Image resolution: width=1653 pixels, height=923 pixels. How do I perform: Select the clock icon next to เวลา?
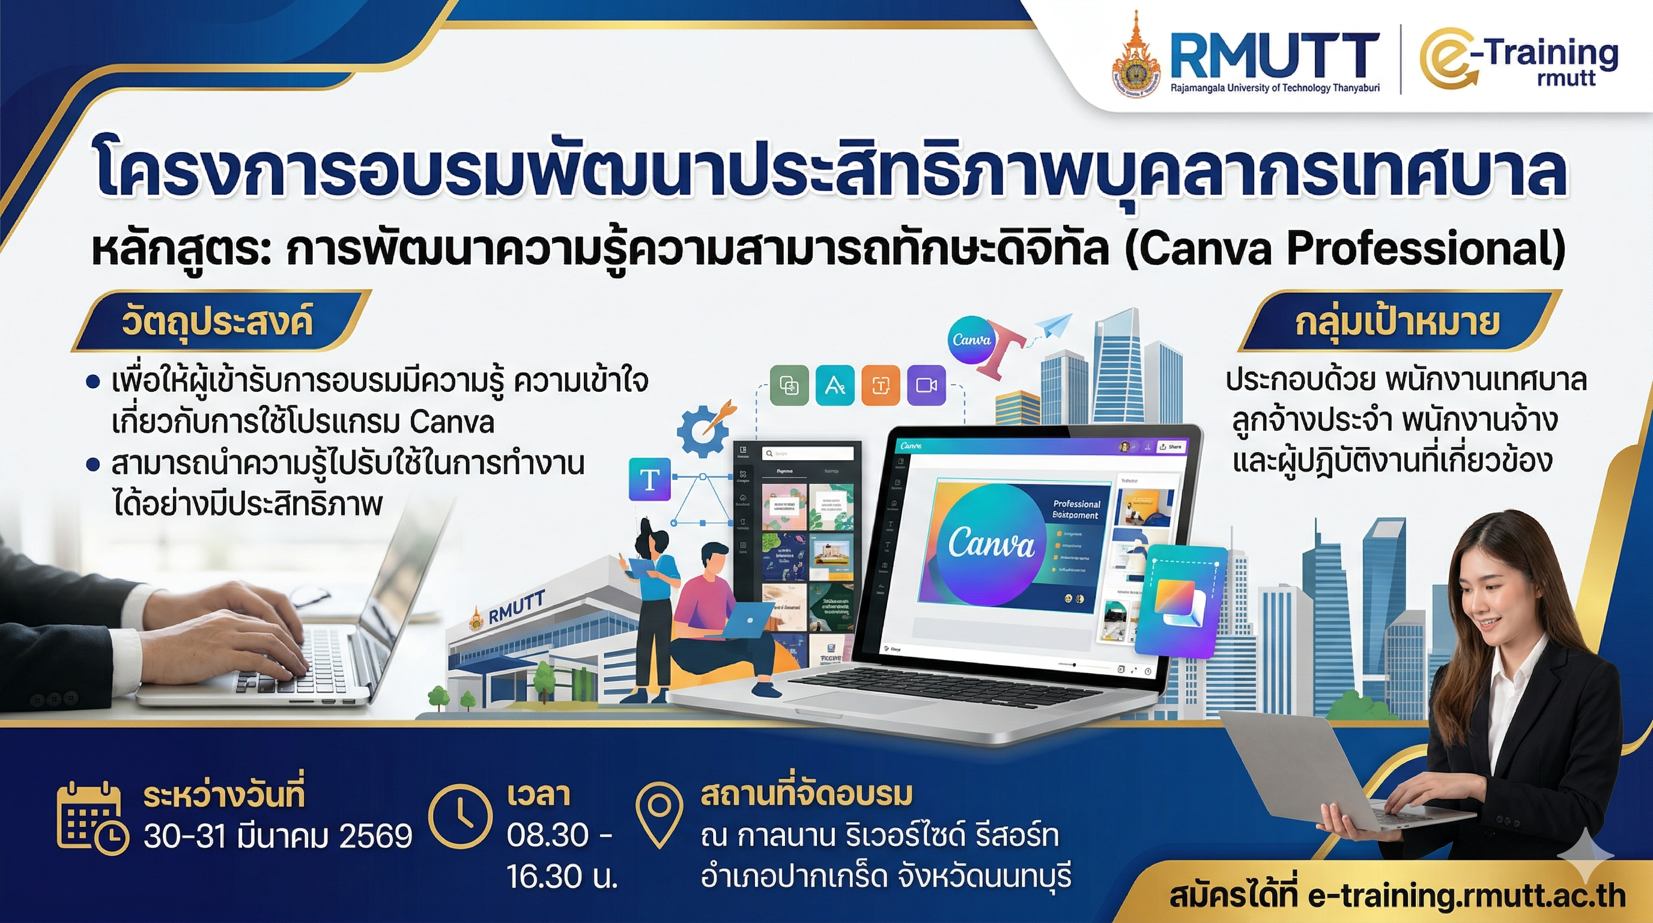(x=460, y=817)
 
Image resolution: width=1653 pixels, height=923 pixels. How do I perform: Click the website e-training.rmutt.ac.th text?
(x=1466, y=896)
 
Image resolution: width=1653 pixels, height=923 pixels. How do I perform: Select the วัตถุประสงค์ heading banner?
(x=217, y=321)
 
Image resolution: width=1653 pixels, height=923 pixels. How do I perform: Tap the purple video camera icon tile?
(x=927, y=385)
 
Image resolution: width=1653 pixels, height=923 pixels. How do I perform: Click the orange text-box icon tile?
(x=881, y=385)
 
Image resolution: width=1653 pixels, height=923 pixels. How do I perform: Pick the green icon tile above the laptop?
(x=789, y=385)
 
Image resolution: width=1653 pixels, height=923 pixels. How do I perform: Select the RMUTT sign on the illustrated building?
(x=516, y=607)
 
